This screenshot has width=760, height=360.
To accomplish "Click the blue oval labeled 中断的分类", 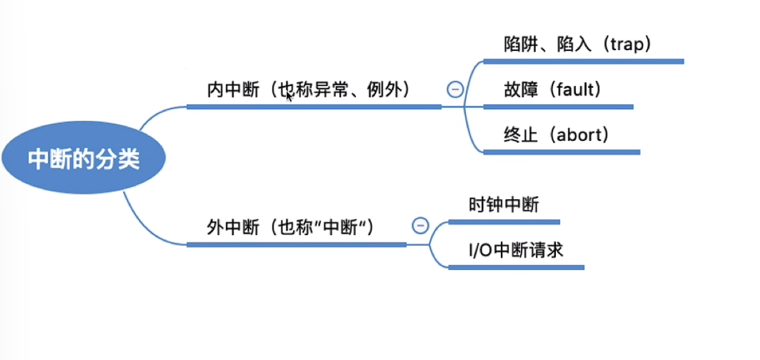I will tap(83, 160).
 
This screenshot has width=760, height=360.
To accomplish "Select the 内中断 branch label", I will tap(230, 90).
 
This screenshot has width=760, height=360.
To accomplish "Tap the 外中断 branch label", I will tap(230, 227).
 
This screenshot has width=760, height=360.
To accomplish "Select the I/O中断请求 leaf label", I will tap(515, 249).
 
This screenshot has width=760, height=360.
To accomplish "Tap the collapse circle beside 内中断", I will tap(454, 89).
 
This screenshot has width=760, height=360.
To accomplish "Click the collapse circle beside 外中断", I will tap(420, 225).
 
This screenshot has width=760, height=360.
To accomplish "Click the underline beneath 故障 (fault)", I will tap(558, 106).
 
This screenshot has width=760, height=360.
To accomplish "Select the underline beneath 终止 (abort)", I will tap(561, 152).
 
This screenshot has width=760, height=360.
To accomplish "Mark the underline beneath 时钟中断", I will tap(504, 222).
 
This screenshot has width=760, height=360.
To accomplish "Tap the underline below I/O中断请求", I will tap(515, 267).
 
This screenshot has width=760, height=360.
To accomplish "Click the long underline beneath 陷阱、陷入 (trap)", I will tap(584, 61).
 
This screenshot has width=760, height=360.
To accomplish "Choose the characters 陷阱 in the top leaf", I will tap(519, 44).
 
